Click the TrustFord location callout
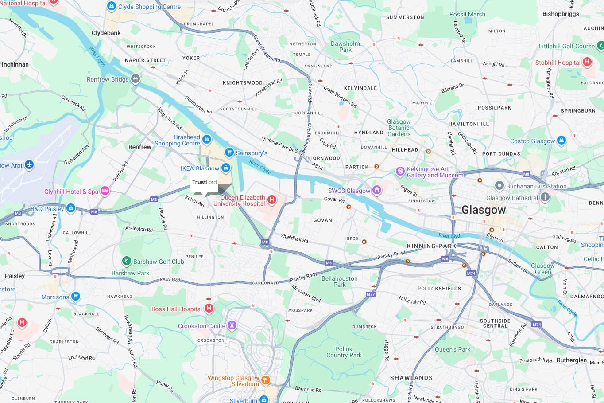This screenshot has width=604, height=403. [x=204, y=183]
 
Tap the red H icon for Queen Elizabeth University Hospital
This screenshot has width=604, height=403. [x=272, y=200]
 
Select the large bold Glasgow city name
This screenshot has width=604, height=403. [x=483, y=210]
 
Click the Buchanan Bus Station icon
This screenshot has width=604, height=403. [x=499, y=186]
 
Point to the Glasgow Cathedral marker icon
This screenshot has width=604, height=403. [x=545, y=197]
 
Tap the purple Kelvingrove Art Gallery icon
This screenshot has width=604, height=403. [x=400, y=172]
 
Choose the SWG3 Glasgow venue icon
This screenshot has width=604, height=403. [x=376, y=190]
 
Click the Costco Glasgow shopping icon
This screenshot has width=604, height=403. [x=561, y=141]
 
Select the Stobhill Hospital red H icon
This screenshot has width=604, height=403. [x=587, y=62]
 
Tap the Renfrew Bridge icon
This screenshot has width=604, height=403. [x=136, y=79]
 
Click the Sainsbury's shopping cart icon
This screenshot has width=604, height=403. [x=229, y=153]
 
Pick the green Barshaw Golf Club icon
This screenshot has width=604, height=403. [x=127, y=261]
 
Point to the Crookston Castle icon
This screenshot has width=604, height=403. [x=232, y=325]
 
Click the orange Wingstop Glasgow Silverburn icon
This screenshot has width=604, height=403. [x=265, y=380]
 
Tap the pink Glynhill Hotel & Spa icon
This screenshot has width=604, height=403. [x=105, y=191]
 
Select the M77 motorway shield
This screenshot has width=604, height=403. [x=371, y=294]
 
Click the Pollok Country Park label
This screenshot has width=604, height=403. [x=344, y=352]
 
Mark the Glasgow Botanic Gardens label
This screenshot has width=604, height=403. [x=399, y=128]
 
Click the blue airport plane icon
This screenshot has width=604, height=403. [x=29, y=165]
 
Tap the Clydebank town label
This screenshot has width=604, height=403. [x=106, y=33]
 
